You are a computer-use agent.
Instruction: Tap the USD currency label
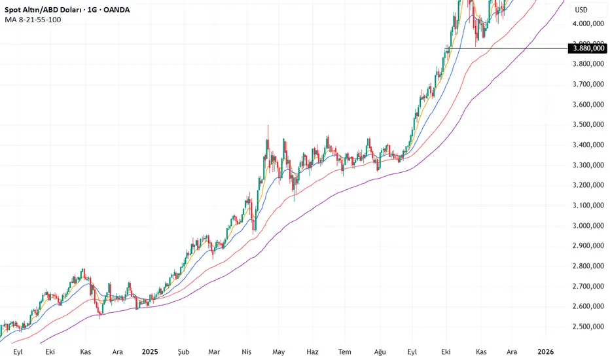(x=581, y=10)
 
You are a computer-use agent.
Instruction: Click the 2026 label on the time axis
(x=545, y=351)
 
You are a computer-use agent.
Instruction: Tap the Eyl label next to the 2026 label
(x=412, y=351)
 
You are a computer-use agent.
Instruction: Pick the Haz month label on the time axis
(x=312, y=351)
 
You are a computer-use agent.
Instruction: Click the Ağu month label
(x=380, y=351)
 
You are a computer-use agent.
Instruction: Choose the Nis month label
(x=246, y=351)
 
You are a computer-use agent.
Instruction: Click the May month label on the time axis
(x=279, y=351)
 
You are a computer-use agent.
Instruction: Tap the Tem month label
(x=345, y=351)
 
